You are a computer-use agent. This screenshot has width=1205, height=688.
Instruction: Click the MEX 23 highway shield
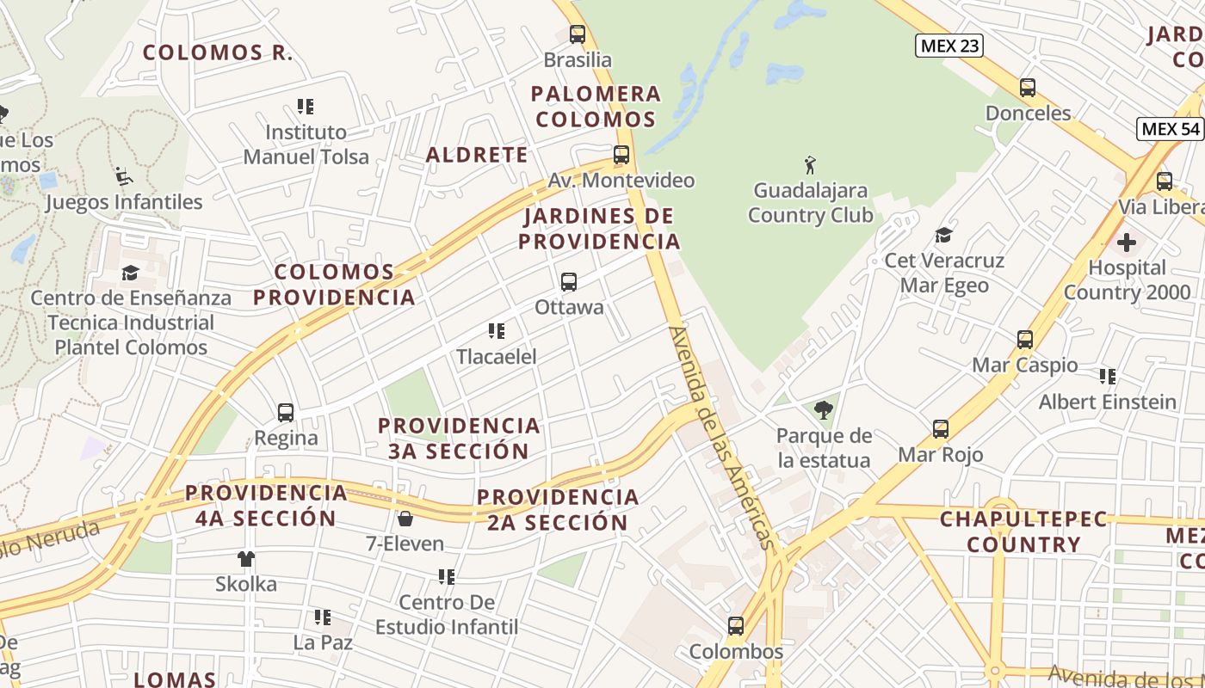point(949,46)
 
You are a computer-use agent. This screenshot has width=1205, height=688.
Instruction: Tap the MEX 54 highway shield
point(1170,129)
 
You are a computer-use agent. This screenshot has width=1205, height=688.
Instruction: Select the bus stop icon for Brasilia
point(578,34)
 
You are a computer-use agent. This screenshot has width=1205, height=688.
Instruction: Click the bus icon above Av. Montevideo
point(621,156)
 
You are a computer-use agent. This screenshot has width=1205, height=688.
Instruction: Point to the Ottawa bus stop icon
point(568,282)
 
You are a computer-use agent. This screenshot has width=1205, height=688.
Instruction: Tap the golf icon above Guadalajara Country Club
point(809,164)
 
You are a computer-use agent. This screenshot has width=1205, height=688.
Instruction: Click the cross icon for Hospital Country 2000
point(1126,243)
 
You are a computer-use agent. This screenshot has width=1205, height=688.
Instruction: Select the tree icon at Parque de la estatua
point(824,410)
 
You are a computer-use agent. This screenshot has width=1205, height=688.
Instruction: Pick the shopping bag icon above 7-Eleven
point(405,519)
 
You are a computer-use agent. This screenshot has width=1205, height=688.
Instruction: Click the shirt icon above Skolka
point(246,559)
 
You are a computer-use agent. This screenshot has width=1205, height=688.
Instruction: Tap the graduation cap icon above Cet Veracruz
point(944,236)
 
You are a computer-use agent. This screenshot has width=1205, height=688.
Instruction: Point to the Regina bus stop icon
point(286,413)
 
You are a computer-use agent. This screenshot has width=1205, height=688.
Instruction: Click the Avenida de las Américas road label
point(722,437)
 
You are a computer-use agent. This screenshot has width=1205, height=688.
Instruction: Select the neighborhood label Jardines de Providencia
point(600,228)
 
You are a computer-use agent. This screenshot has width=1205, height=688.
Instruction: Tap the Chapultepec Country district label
point(1023,531)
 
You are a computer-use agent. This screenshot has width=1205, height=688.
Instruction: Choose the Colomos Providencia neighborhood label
point(334,285)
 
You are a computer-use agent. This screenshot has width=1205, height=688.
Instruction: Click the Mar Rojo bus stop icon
point(941,429)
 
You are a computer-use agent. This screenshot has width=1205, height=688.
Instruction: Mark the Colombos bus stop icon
point(736,626)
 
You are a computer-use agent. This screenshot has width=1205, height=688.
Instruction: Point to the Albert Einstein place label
point(1107,402)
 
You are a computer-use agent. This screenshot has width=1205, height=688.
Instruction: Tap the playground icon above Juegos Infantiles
point(124,177)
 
